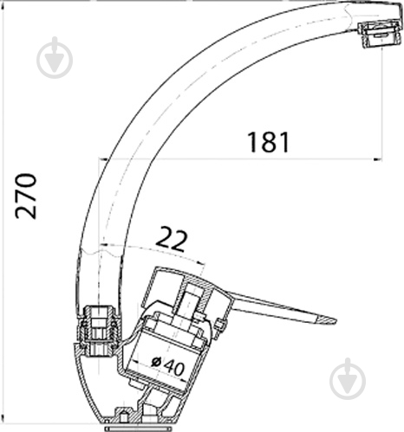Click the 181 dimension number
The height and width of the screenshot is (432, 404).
[x=269, y=142]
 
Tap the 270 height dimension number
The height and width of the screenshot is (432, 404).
[x=26, y=196]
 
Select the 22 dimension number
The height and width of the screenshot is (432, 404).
[x=172, y=240]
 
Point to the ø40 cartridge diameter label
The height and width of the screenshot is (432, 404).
[x=168, y=365]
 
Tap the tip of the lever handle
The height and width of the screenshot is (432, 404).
[x=336, y=319]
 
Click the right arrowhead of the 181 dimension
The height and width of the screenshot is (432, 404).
[x=378, y=158]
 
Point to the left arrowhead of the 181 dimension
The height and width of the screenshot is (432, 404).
[x=103, y=158]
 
